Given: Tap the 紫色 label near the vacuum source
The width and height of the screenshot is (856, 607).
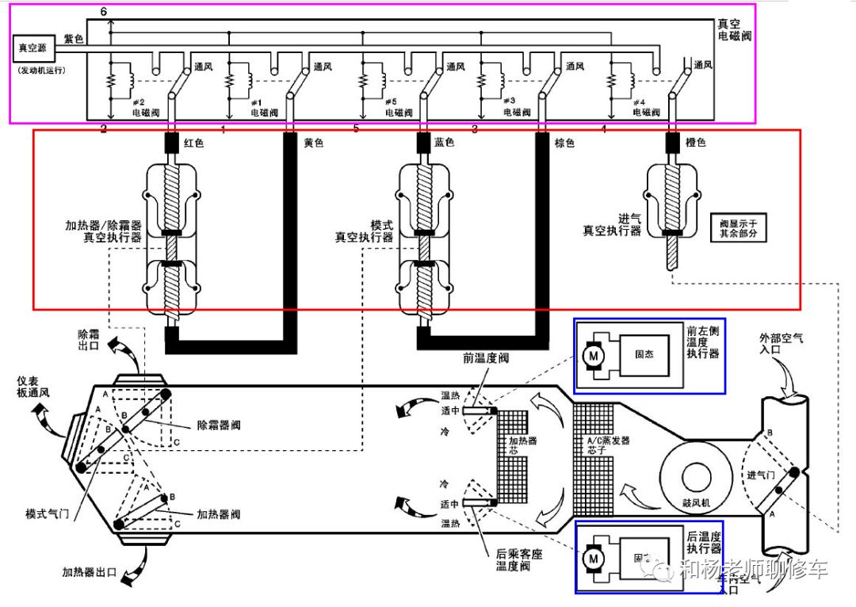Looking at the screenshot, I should [74, 38].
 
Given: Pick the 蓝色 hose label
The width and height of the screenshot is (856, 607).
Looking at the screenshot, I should [444, 143].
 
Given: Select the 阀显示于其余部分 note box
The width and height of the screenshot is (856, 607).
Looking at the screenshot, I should [738, 229].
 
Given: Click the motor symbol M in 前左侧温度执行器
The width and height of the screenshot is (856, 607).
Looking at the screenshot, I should [592, 357].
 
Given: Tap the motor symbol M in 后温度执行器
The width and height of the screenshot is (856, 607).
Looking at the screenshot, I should [592, 559].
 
